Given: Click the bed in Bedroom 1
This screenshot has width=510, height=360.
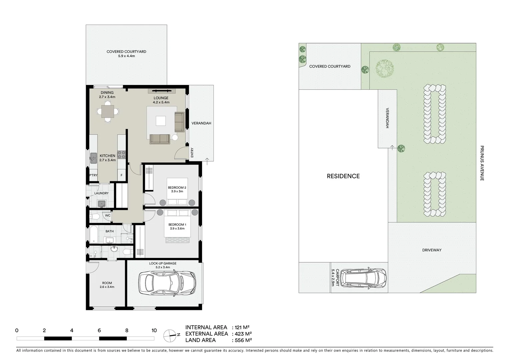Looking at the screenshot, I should (177, 227).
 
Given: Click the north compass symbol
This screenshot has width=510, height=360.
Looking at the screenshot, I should (170, 335).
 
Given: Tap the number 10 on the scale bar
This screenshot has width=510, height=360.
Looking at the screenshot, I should (154, 331).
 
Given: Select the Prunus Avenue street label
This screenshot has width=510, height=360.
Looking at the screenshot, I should (482, 163).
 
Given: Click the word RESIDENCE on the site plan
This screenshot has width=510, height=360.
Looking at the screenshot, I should (343, 176).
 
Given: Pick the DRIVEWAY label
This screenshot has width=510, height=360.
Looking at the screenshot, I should (432, 250).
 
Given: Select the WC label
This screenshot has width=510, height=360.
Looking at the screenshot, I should (108, 216).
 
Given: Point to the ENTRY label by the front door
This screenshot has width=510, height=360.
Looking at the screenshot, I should (192, 153).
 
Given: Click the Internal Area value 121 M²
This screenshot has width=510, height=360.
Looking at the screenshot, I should (242, 328).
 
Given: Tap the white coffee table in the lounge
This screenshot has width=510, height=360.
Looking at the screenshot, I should (161, 120).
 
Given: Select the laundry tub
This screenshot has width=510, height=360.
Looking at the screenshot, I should (102, 203).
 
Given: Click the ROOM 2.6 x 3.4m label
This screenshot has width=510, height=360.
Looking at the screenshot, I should (107, 285).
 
